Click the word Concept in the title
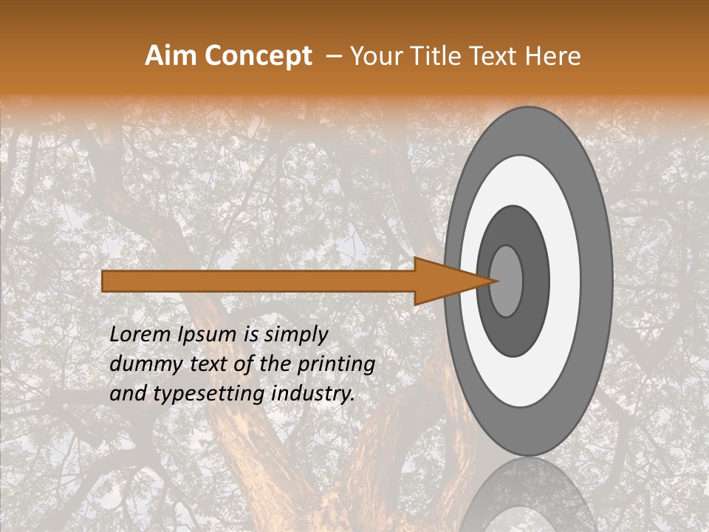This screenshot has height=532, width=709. pos(258,56)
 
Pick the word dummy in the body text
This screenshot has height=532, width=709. pos(141,364)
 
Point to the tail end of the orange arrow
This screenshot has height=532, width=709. pos(107,281)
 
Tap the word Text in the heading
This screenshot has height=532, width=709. pos(493,56)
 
